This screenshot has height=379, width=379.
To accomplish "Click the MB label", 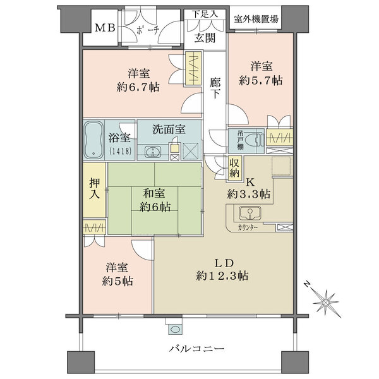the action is click(105, 28).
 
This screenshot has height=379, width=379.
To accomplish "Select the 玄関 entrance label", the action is click(205, 38).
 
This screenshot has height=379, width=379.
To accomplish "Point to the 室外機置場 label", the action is click(256, 19).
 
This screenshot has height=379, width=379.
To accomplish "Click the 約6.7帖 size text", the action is click(138, 87).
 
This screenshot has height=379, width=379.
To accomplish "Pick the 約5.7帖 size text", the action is click(261, 80).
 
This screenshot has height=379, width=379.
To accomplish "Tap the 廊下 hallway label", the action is click(215, 88).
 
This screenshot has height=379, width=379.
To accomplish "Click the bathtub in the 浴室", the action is click(93, 140).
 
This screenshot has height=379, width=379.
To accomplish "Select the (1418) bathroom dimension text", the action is click(121, 151).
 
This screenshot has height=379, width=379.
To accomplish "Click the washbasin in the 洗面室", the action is click(153, 152).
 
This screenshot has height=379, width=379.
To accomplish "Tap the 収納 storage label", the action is click(234, 168).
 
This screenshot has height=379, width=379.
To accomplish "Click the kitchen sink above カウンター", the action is click(250, 213).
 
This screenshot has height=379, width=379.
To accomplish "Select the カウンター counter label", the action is click(248, 227).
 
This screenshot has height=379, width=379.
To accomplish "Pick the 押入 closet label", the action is click(95, 188).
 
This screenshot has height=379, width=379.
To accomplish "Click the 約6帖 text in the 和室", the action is click(155, 207).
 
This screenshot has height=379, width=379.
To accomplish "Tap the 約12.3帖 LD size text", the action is click(222, 275).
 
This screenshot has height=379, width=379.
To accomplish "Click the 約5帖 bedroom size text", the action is click(117, 281).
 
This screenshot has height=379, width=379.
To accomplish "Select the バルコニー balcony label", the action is click(196, 349).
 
